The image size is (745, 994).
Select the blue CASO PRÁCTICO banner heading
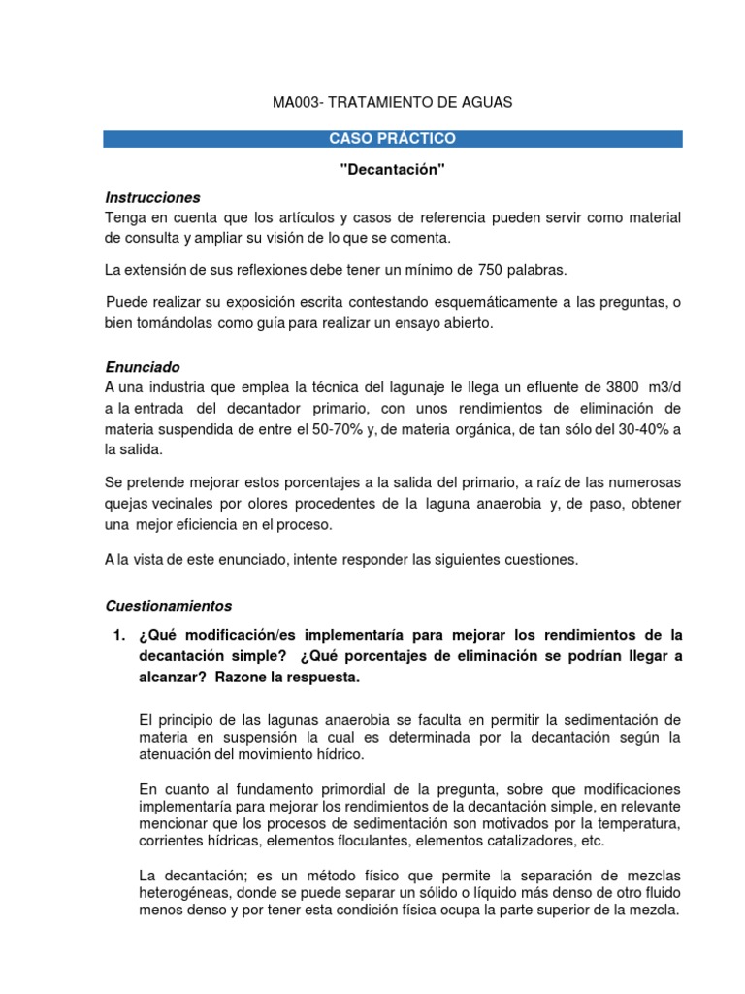point(392,139)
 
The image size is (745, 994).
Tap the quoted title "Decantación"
point(393,170)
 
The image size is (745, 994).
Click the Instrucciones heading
point(152,197)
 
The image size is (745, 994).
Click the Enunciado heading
point(143,368)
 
